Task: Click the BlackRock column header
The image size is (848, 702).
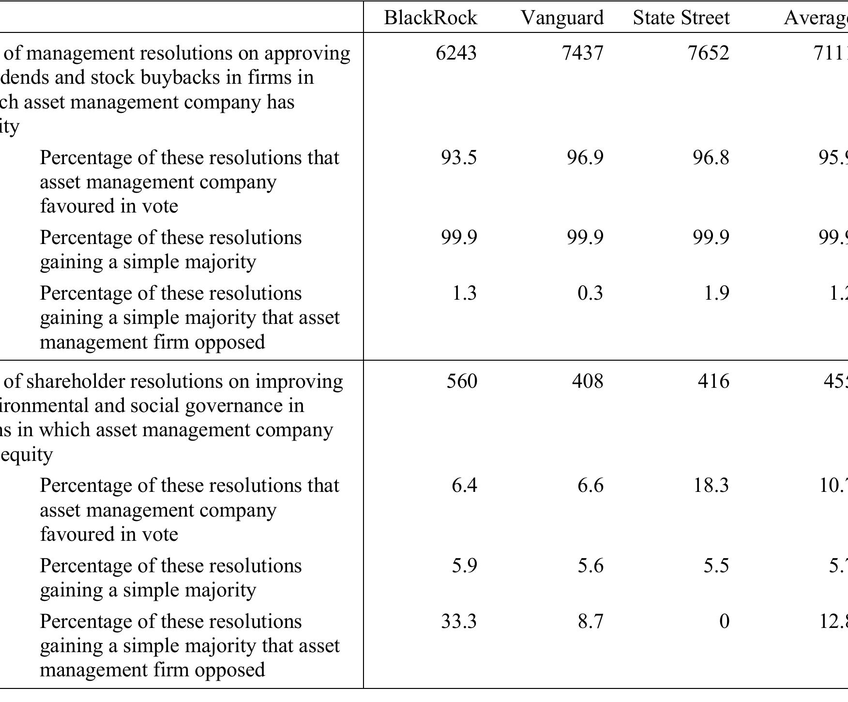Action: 430,18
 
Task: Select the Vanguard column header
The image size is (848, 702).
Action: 562,18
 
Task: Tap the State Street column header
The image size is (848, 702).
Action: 681,18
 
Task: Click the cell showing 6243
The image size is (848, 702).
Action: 456,53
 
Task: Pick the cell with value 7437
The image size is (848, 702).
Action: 583,53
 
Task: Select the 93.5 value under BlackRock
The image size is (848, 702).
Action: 458,158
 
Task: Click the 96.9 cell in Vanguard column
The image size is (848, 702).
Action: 585,158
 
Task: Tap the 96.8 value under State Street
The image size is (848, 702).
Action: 710,158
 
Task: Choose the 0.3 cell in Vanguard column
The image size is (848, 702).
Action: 590,293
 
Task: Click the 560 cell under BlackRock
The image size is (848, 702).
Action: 461,382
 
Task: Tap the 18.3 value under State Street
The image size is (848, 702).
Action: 711,485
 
